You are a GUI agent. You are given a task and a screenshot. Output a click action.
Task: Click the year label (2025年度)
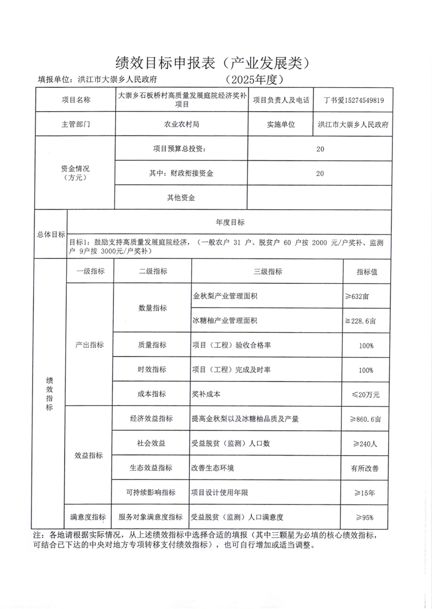pos(255,79)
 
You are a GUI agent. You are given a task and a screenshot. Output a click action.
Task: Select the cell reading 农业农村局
pos(181,124)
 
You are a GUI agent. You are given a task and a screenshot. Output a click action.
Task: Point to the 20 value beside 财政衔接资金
pos(320,173)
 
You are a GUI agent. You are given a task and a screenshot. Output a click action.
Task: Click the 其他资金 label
pos(181,198)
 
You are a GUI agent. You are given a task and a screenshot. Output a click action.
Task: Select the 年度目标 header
pos(230,222)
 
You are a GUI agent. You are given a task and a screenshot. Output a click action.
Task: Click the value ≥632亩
pos(366,296)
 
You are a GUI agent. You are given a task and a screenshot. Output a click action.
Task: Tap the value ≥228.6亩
pos(366,321)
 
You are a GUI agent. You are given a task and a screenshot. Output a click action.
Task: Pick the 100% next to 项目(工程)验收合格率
pos(366,345)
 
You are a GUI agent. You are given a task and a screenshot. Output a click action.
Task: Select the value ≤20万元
pos(366,394)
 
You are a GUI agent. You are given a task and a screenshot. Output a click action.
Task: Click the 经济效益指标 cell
pos(151,419)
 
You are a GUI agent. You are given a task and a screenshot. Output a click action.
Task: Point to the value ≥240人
pos(366,443)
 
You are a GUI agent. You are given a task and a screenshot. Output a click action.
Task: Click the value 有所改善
pos(366,468)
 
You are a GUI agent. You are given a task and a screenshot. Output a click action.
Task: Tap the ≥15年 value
pos(366,493)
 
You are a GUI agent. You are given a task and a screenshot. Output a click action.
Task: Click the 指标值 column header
pos(366,271)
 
